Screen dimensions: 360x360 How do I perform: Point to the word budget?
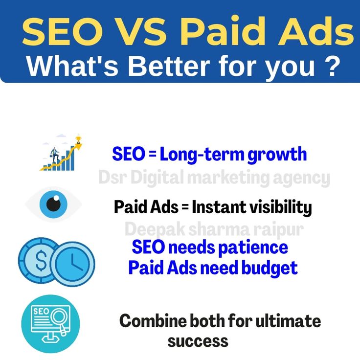point(274,268)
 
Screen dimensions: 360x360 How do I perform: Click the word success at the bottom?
point(198,340)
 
